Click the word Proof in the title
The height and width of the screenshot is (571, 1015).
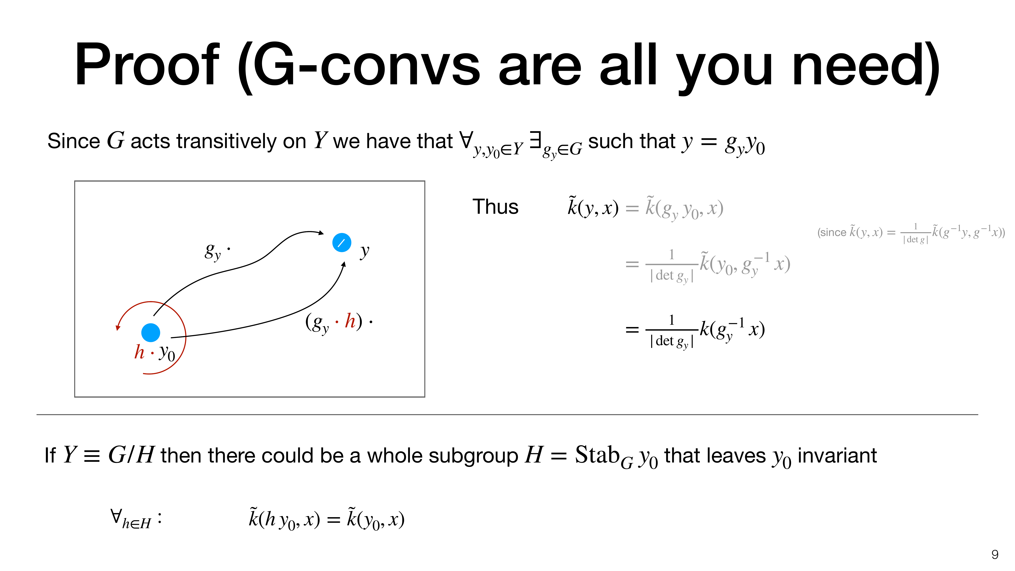tap(147, 65)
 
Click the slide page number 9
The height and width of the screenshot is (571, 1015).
tap(994, 554)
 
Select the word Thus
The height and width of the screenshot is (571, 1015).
tap(495, 207)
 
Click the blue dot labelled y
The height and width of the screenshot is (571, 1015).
tap(342, 243)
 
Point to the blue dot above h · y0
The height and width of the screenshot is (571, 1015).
tap(151, 333)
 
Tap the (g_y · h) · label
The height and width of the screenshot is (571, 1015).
tap(339, 322)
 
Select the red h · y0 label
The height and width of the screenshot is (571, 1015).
tap(155, 352)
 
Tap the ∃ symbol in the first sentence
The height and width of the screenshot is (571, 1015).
tap(535, 140)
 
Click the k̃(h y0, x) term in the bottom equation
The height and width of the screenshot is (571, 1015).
tap(284, 519)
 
